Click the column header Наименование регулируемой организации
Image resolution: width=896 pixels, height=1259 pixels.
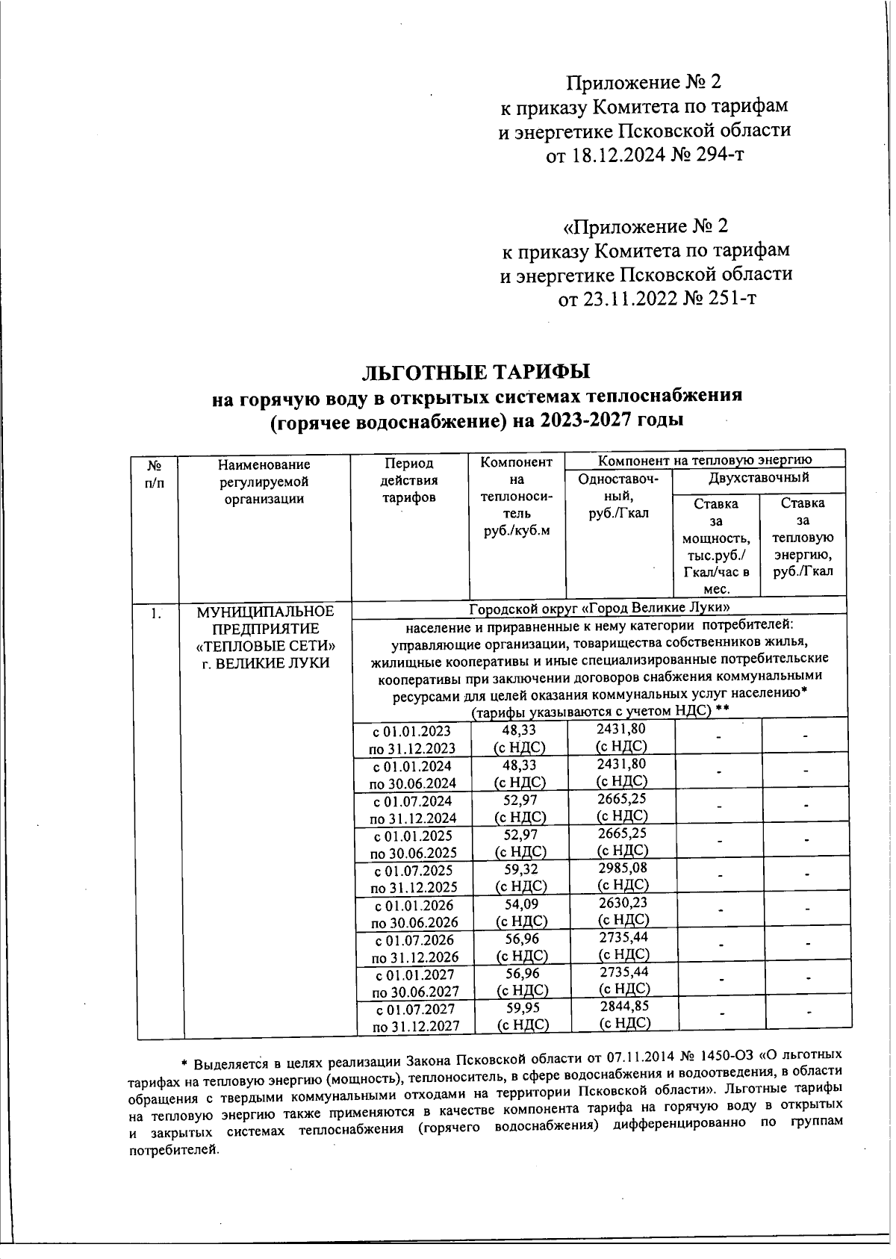[x=264, y=482]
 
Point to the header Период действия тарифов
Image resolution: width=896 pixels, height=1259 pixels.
[x=409, y=481]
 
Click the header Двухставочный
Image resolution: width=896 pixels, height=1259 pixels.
[x=759, y=477]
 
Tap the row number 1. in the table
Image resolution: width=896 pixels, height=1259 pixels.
[x=156, y=614]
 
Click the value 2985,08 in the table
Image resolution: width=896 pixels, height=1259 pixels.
[x=623, y=868]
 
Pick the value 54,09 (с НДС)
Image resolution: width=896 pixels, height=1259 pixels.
[x=521, y=913]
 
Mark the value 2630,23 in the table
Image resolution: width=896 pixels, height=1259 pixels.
[x=623, y=904]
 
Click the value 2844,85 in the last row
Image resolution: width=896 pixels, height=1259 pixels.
[x=623, y=1007]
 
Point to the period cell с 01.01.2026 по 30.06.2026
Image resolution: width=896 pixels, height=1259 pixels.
[x=415, y=914]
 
